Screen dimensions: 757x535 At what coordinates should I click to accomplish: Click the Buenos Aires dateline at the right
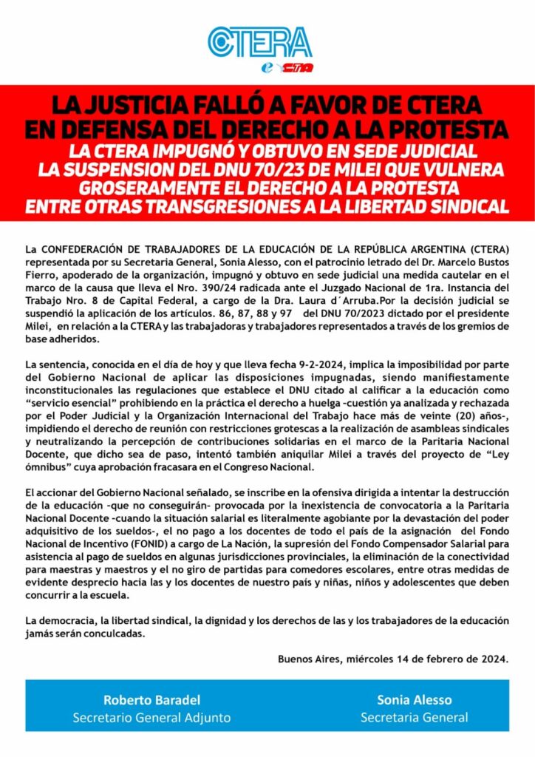coord(393,659)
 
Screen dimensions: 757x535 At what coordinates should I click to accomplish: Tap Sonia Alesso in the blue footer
coord(413,699)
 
